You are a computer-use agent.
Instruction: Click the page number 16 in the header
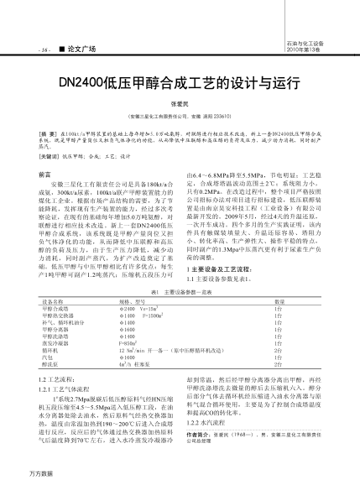pos(20,50)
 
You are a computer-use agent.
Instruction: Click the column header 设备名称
pos(53,300)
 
